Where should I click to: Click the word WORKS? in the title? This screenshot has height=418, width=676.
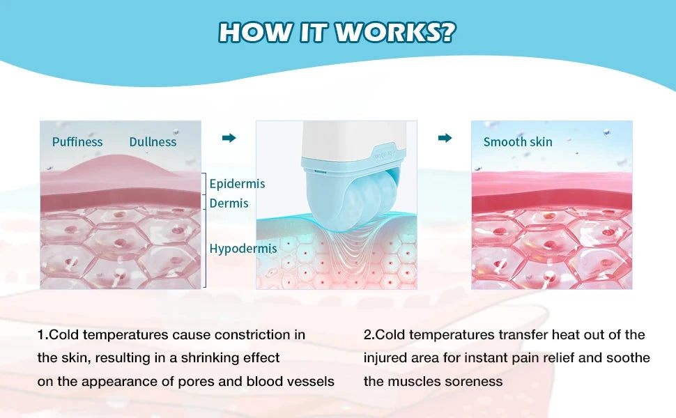click(x=395, y=32)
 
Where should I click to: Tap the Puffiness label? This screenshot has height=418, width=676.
click(x=77, y=142)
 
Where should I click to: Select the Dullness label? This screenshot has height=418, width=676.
click(x=153, y=142)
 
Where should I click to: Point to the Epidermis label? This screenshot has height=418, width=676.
click(x=237, y=184)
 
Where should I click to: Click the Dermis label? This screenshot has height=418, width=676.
click(x=229, y=203)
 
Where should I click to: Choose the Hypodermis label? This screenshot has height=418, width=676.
click(x=243, y=249)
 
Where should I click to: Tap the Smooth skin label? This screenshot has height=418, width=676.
click(x=517, y=142)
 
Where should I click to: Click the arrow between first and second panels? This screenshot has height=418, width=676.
click(x=229, y=138)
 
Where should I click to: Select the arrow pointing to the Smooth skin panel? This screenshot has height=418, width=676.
click(x=445, y=138)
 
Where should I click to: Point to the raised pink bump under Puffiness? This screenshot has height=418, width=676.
click(x=121, y=165)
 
